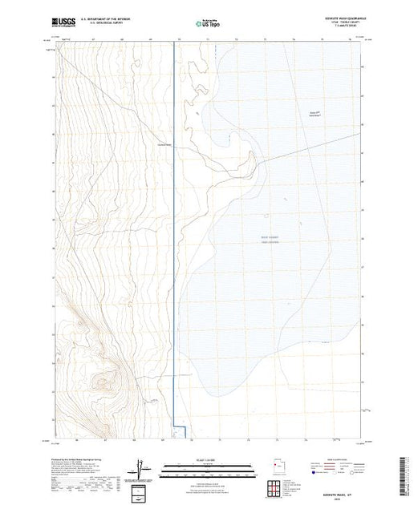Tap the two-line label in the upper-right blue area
coord(315,115)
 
